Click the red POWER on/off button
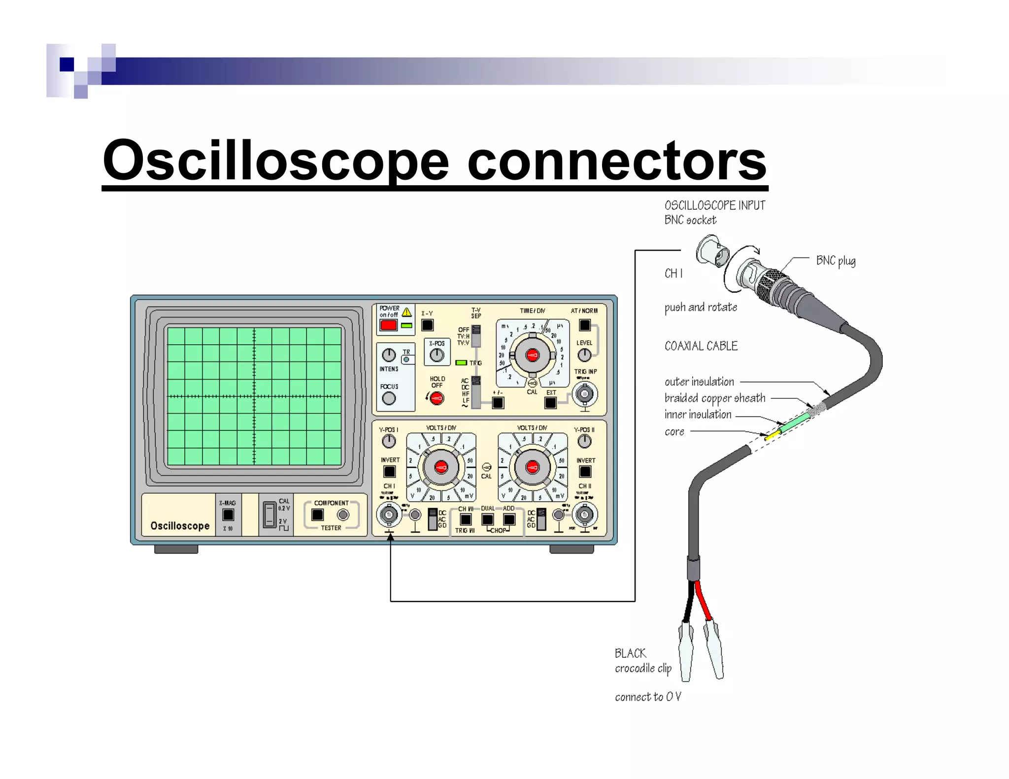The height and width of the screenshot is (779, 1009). pos(388,325)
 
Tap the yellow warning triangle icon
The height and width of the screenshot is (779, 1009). pos(406,312)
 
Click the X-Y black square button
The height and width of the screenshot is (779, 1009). pos(427,325)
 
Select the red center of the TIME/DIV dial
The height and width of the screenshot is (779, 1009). pos(532,355)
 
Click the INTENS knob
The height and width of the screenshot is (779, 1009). pos(389,355)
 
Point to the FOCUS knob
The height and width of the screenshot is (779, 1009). pos(389,398)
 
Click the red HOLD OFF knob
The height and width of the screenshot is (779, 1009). pos(437,398)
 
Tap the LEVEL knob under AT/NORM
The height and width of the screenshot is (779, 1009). pos(584,355)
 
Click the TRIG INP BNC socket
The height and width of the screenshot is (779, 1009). pos(585,394)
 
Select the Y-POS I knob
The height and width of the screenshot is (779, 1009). pos(389,441)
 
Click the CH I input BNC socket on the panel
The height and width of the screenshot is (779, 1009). pos(389,515)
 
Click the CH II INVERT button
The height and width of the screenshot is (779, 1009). pos(585,472)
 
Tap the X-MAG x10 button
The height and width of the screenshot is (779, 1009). pos(228,515)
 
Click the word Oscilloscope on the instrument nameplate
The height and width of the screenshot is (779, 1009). pos(180,526)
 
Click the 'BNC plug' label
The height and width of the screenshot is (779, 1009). pos(836,260)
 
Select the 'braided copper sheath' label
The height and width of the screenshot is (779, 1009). pos(714,398)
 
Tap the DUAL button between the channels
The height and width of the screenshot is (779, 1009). pos(487,519)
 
